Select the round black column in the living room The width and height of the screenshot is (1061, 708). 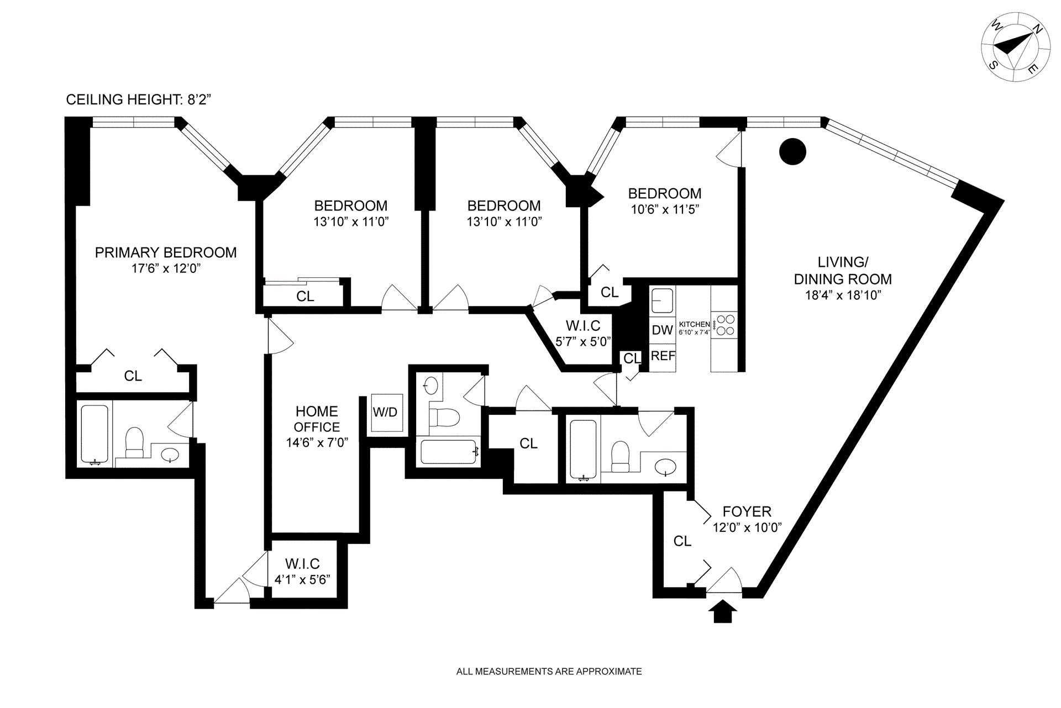coord(792,151)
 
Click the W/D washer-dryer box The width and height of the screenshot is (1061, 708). coord(385,413)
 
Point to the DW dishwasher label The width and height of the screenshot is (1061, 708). coord(662,330)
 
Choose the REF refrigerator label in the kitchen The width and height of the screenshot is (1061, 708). coord(663,356)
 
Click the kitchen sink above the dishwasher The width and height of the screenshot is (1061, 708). coord(662,300)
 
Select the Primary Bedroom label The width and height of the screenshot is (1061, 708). coord(166,252)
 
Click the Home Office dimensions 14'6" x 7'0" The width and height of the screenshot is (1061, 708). coord(317,442)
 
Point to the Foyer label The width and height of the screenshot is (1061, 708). coord(747,511)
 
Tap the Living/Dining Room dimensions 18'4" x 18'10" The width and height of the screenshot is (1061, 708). coord(843,295)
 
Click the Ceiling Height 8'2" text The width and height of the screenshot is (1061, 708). coord(139,99)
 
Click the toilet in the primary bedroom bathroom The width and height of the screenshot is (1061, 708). coord(134,443)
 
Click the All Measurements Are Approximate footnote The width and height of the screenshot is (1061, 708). coord(549,672)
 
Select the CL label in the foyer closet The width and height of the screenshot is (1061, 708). coord(682,541)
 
